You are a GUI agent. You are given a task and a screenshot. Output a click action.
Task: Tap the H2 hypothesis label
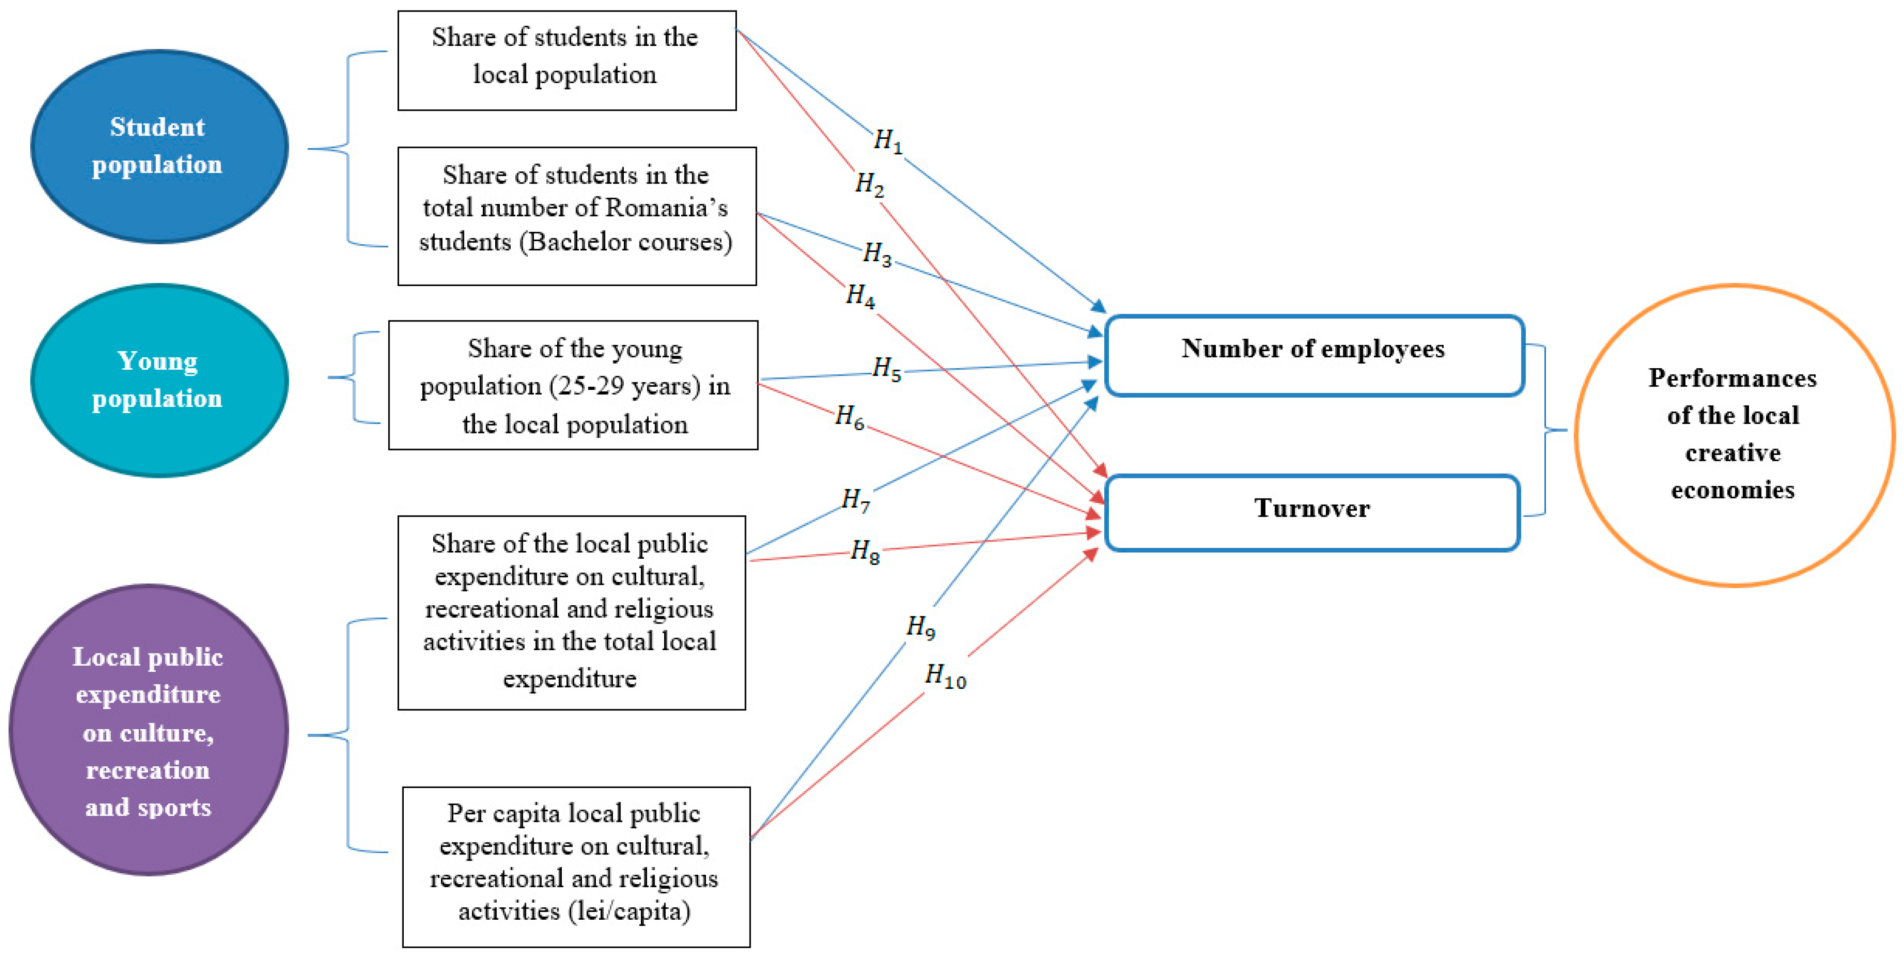pos(869,184)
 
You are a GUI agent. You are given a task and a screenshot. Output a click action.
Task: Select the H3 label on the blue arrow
pos(877,253)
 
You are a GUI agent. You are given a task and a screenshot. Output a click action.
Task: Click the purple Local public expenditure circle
pos(148,731)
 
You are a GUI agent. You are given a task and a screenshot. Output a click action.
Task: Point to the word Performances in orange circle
pos(1732,378)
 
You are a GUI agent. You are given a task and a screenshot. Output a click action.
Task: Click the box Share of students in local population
pos(566,61)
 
